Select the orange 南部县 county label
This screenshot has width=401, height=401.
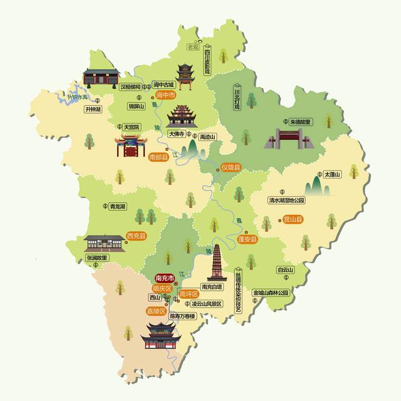159,159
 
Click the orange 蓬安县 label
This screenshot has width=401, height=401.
246,240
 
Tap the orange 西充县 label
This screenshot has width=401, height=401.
136,236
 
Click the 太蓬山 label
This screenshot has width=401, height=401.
332,174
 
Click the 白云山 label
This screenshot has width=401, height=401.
285,270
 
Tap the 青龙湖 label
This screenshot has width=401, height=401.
117,206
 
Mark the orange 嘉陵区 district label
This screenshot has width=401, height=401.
155,311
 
